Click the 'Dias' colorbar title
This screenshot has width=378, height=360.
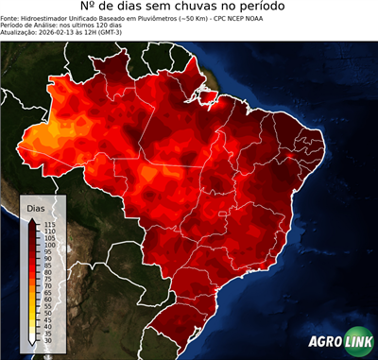(35, 207)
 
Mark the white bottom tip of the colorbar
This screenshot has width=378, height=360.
(33, 345)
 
